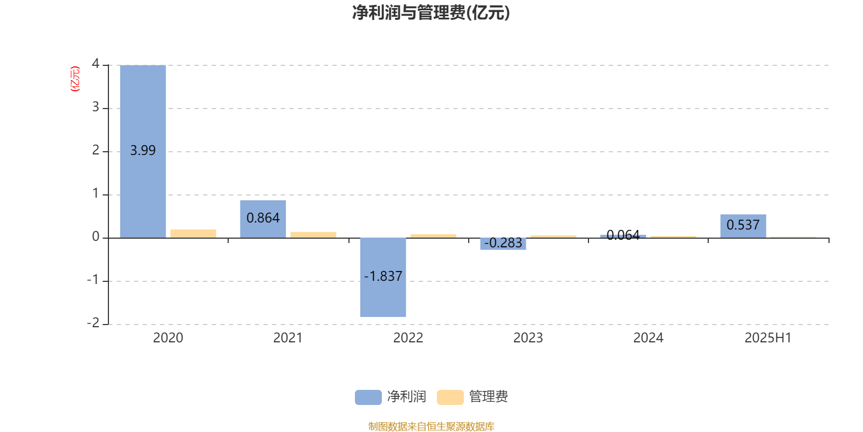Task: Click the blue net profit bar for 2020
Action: [x=143, y=151]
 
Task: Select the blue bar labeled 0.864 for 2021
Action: [x=263, y=219]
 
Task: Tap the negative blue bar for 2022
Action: [x=383, y=278]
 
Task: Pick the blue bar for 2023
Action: [x=503, y=244]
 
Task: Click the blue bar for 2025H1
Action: [x=743, y=226]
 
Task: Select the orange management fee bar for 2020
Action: [x=194, y=234]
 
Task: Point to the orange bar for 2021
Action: [x=313, y=235]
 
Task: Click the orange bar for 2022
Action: [x=434, y=236]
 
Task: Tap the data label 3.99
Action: [x=143, y=150]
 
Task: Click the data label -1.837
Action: [x=383, y=276]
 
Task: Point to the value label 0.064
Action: [x=623, y=235]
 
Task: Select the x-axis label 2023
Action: [x=528, y=338]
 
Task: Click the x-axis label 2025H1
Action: [x=768, y=338]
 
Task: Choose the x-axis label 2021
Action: [x=288, y=338]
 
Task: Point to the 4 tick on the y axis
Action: [x=95, y=64]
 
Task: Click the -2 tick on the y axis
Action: [x=93, y=322]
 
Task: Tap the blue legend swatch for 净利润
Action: [x=368, y=397]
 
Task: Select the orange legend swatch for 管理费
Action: [x=450, y=397]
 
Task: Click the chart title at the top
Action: [x=431, y=13]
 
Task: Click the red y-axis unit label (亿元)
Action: [x=75, y=79]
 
